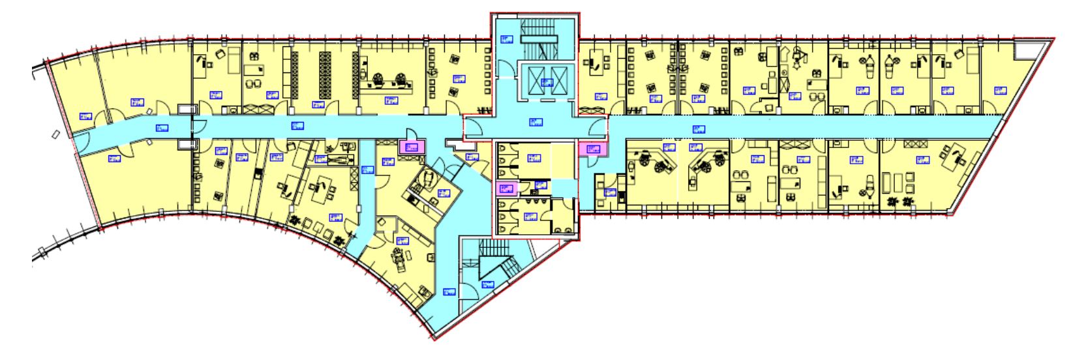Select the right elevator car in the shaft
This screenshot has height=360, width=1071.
[558, 82]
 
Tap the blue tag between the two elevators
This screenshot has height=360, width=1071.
[546, 82]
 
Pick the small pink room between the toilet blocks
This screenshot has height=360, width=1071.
[506, 189]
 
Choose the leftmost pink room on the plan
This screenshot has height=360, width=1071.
[412, 147]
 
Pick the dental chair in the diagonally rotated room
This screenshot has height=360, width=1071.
[427, 177]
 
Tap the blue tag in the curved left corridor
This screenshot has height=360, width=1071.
[161, 128]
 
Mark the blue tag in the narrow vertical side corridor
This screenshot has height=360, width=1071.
[367, 171]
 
